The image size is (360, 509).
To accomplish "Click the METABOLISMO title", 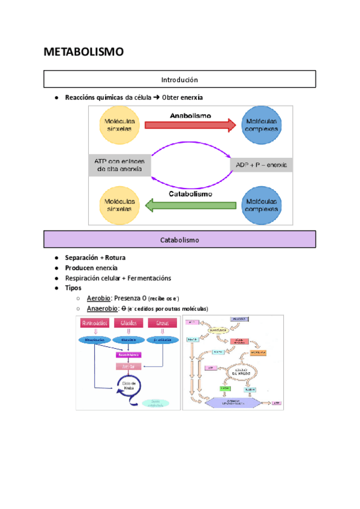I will pos(83,52).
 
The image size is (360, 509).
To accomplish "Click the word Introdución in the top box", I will pos(179,79).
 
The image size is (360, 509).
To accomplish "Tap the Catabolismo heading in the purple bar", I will pos(179,239).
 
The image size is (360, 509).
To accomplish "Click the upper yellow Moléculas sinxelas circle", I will pos(121,125).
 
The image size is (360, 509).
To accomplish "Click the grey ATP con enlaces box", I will pos(119,164).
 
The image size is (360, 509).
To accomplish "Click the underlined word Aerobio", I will pos(99,298).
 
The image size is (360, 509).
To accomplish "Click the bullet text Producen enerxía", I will pos(91,268).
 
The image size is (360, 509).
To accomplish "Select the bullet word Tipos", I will pos(73,288).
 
